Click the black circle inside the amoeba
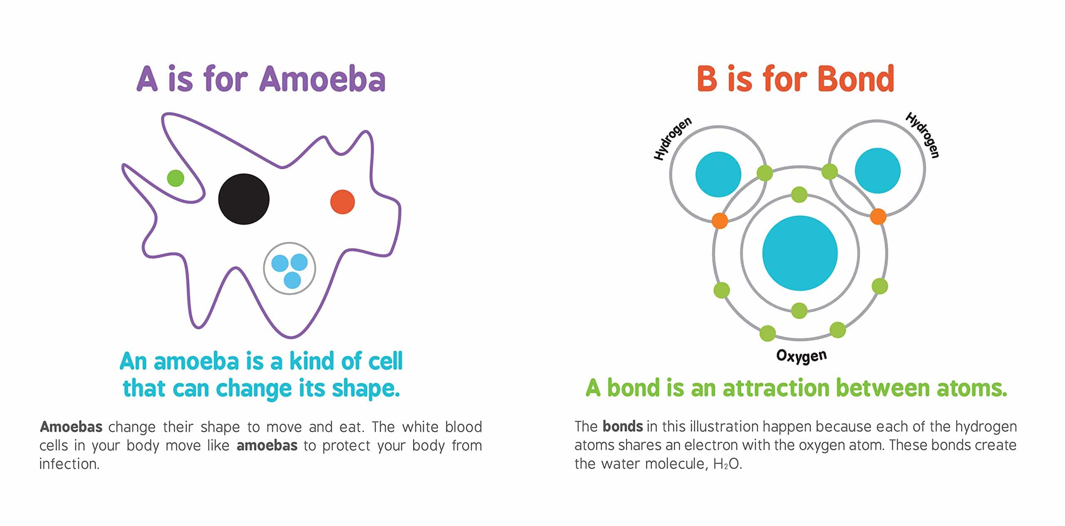(244, 199)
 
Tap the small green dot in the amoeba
(176, 178)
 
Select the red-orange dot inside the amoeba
(342, 202)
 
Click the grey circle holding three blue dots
(290, 269)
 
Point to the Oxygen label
(801, 356)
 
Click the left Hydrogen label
(673, 138)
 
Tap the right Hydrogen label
(922, 135)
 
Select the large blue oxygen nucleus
(800, 253)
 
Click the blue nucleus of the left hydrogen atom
(718, 174)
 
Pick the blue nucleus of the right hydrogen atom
(877, 170)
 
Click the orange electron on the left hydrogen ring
(720, 220)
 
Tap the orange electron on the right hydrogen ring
(878, 216)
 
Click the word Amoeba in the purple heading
(322, 79)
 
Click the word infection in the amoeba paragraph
(69, 464)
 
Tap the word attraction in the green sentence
(776, 388)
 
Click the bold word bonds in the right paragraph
(622, 426)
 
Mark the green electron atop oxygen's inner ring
(799, 195)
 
